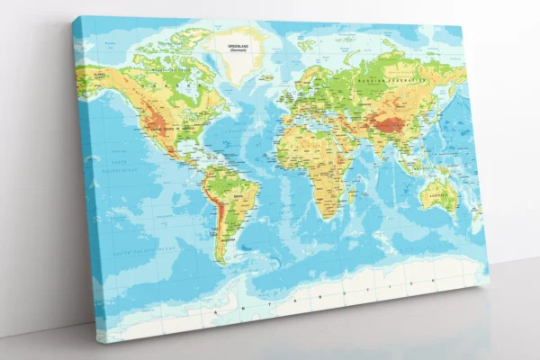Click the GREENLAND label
(x=238, y=47)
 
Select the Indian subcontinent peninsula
(x=376, y=149)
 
